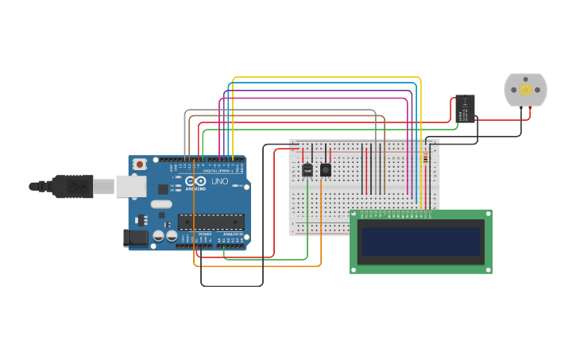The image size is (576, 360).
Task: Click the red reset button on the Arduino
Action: pos(140,165)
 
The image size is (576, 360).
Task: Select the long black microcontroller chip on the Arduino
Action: pos(210,222)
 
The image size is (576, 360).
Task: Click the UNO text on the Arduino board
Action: pos(219,182)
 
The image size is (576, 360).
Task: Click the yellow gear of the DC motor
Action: pos(525,91)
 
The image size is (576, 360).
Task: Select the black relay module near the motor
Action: pos(466,108)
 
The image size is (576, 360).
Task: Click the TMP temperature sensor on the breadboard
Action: pos(307,169)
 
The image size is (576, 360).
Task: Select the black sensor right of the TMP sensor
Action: pos(325,169)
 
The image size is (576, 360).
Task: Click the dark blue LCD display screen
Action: pos(421,242)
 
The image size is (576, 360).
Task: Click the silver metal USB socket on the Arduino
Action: pos(131,186)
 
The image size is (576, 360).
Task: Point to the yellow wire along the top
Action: pos(326,78)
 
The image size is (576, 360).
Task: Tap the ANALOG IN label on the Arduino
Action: pos(233,234)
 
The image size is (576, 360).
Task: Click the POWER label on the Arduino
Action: pos(205,234)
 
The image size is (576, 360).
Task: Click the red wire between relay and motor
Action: pos(501,120)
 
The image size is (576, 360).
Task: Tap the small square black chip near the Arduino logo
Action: pos(163,189)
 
